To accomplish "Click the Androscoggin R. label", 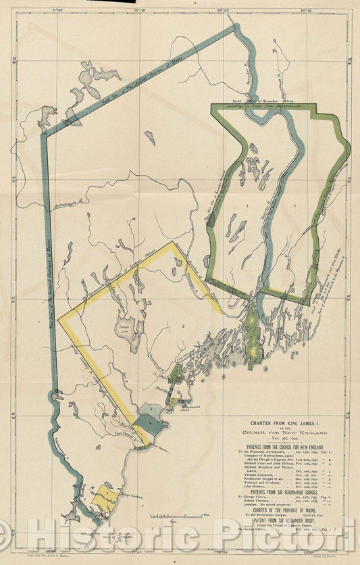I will click(x=74, y=200).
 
